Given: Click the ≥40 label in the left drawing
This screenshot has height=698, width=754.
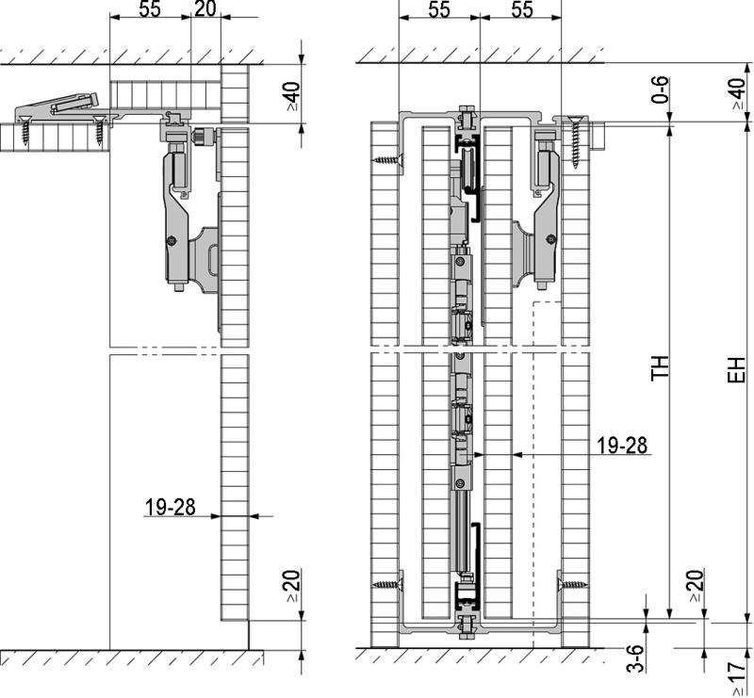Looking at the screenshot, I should [x=291, y=94].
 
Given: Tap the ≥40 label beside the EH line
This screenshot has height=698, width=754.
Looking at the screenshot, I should [x=738, y=94].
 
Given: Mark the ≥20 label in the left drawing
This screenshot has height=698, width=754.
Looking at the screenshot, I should [x=291, y=585].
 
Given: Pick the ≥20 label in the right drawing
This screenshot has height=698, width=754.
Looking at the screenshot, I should [x=695, y=585].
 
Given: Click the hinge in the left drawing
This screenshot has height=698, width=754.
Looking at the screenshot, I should [x=188, y=226].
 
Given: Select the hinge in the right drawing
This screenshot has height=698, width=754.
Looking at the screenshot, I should [x=536, y=226].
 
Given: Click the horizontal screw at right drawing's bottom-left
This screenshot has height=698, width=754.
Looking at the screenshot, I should [x=386, y=585].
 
